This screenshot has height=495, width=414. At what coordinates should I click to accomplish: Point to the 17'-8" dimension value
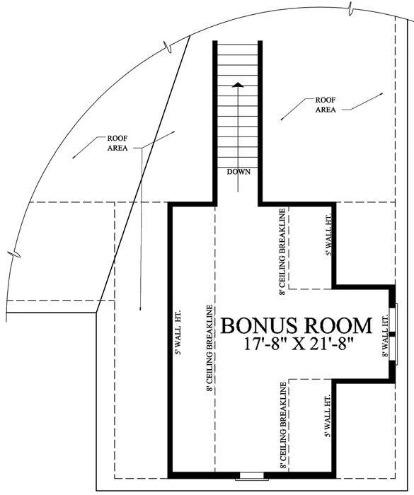[265, 344]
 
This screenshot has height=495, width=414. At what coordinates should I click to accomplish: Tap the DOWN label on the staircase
[238, 172]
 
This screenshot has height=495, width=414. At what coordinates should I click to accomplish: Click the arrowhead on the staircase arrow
[238, 85]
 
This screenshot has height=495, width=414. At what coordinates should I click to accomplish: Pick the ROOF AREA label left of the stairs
[117, 143]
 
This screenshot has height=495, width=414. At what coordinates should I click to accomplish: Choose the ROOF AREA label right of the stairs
[326, 105]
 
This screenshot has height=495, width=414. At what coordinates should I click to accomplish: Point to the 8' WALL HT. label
[385, 336]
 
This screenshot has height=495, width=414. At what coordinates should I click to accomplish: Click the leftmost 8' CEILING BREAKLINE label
[209, 348]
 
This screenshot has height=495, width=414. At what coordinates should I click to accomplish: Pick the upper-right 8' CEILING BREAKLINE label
[282, 252]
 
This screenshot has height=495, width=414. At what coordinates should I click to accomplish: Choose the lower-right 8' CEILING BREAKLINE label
[283, 426]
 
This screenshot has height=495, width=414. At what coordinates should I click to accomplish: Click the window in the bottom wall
[251, 476]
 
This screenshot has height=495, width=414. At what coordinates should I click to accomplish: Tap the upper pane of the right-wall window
[393, 320]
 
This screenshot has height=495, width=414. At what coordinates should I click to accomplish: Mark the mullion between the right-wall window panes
[392, 334]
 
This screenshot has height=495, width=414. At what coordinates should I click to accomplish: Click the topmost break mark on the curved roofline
[350, 8]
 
